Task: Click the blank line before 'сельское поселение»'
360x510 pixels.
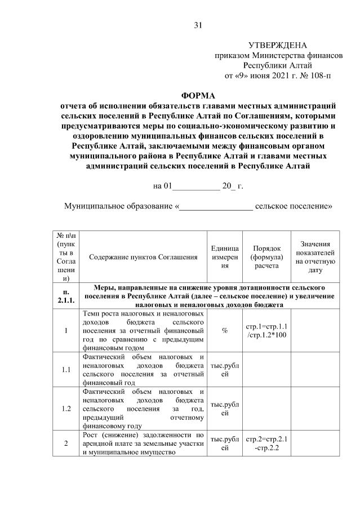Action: click(x=216, y=206)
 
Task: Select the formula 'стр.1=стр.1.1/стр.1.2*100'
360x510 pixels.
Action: click(x=266, y=331)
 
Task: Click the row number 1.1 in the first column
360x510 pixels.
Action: click(x=66, y=370)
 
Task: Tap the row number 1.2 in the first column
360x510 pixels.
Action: click(x=66, y=409)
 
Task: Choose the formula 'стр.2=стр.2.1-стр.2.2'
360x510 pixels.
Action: click(x=266, y=444)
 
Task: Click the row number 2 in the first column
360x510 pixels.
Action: click(x=66, y=444)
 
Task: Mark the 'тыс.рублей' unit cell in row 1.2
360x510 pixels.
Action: click(x=224, y=409)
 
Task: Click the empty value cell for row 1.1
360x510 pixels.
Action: click(x=315, y=370)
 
